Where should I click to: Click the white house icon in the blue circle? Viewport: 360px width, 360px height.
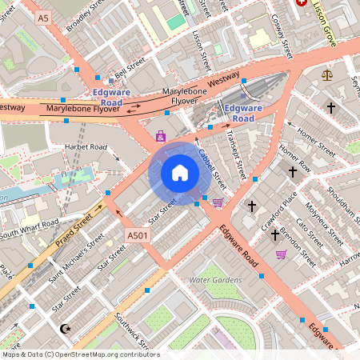179,173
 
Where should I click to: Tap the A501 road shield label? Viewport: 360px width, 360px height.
137,235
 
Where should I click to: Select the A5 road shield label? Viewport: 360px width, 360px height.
43,18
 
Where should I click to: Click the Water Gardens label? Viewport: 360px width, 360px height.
215,280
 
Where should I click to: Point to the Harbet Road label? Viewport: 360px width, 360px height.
86,147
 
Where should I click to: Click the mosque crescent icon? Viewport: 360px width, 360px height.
66,328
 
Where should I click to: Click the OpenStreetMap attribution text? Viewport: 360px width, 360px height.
80,354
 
